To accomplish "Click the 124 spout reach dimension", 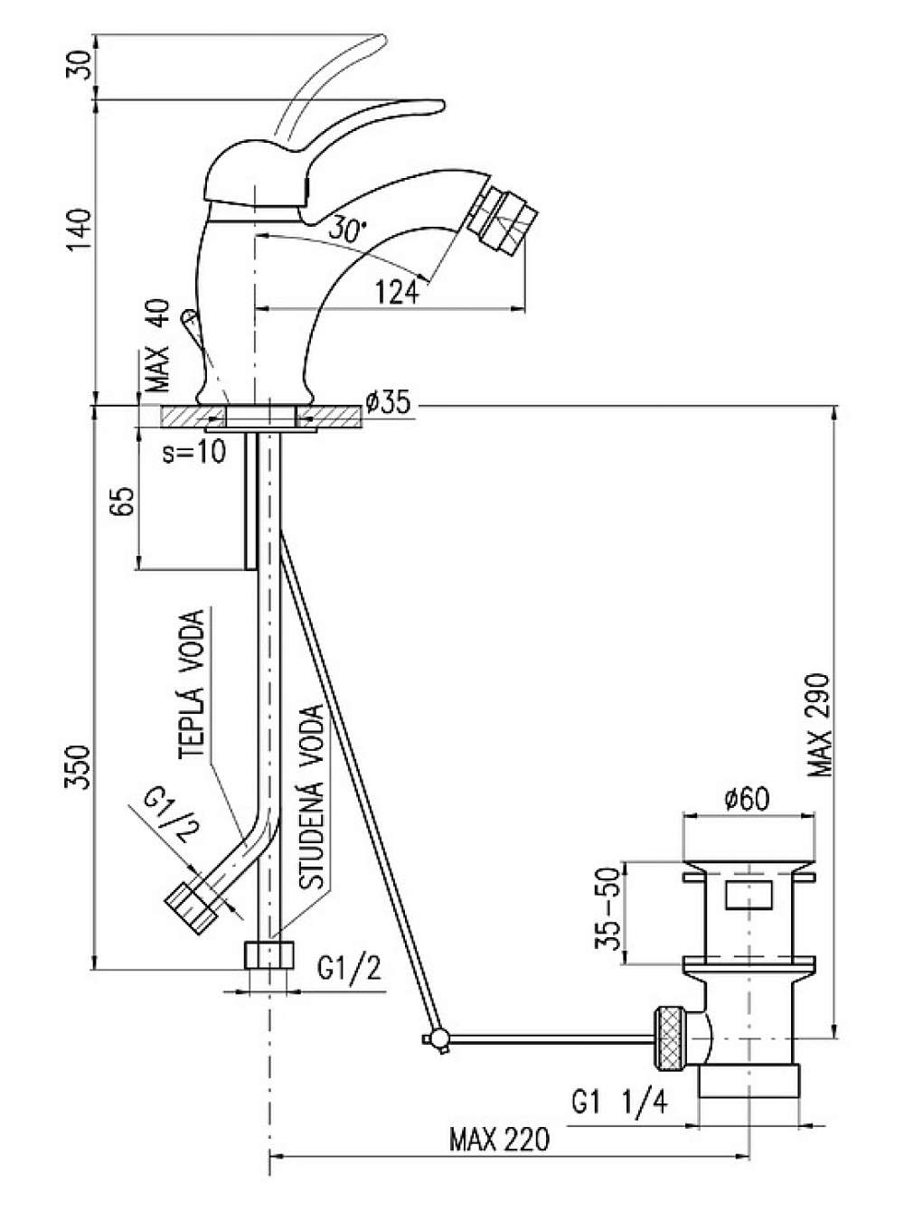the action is (x=397, y=292).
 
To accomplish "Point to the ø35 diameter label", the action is (x=389, y=403).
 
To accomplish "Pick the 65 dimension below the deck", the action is (x=123, y=501).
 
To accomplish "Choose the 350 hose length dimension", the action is (x=79, y=767).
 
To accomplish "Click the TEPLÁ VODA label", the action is (x=193, y=683).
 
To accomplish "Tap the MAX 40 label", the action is (x=158, y=345).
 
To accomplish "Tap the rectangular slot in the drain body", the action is (x=749, y=895).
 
